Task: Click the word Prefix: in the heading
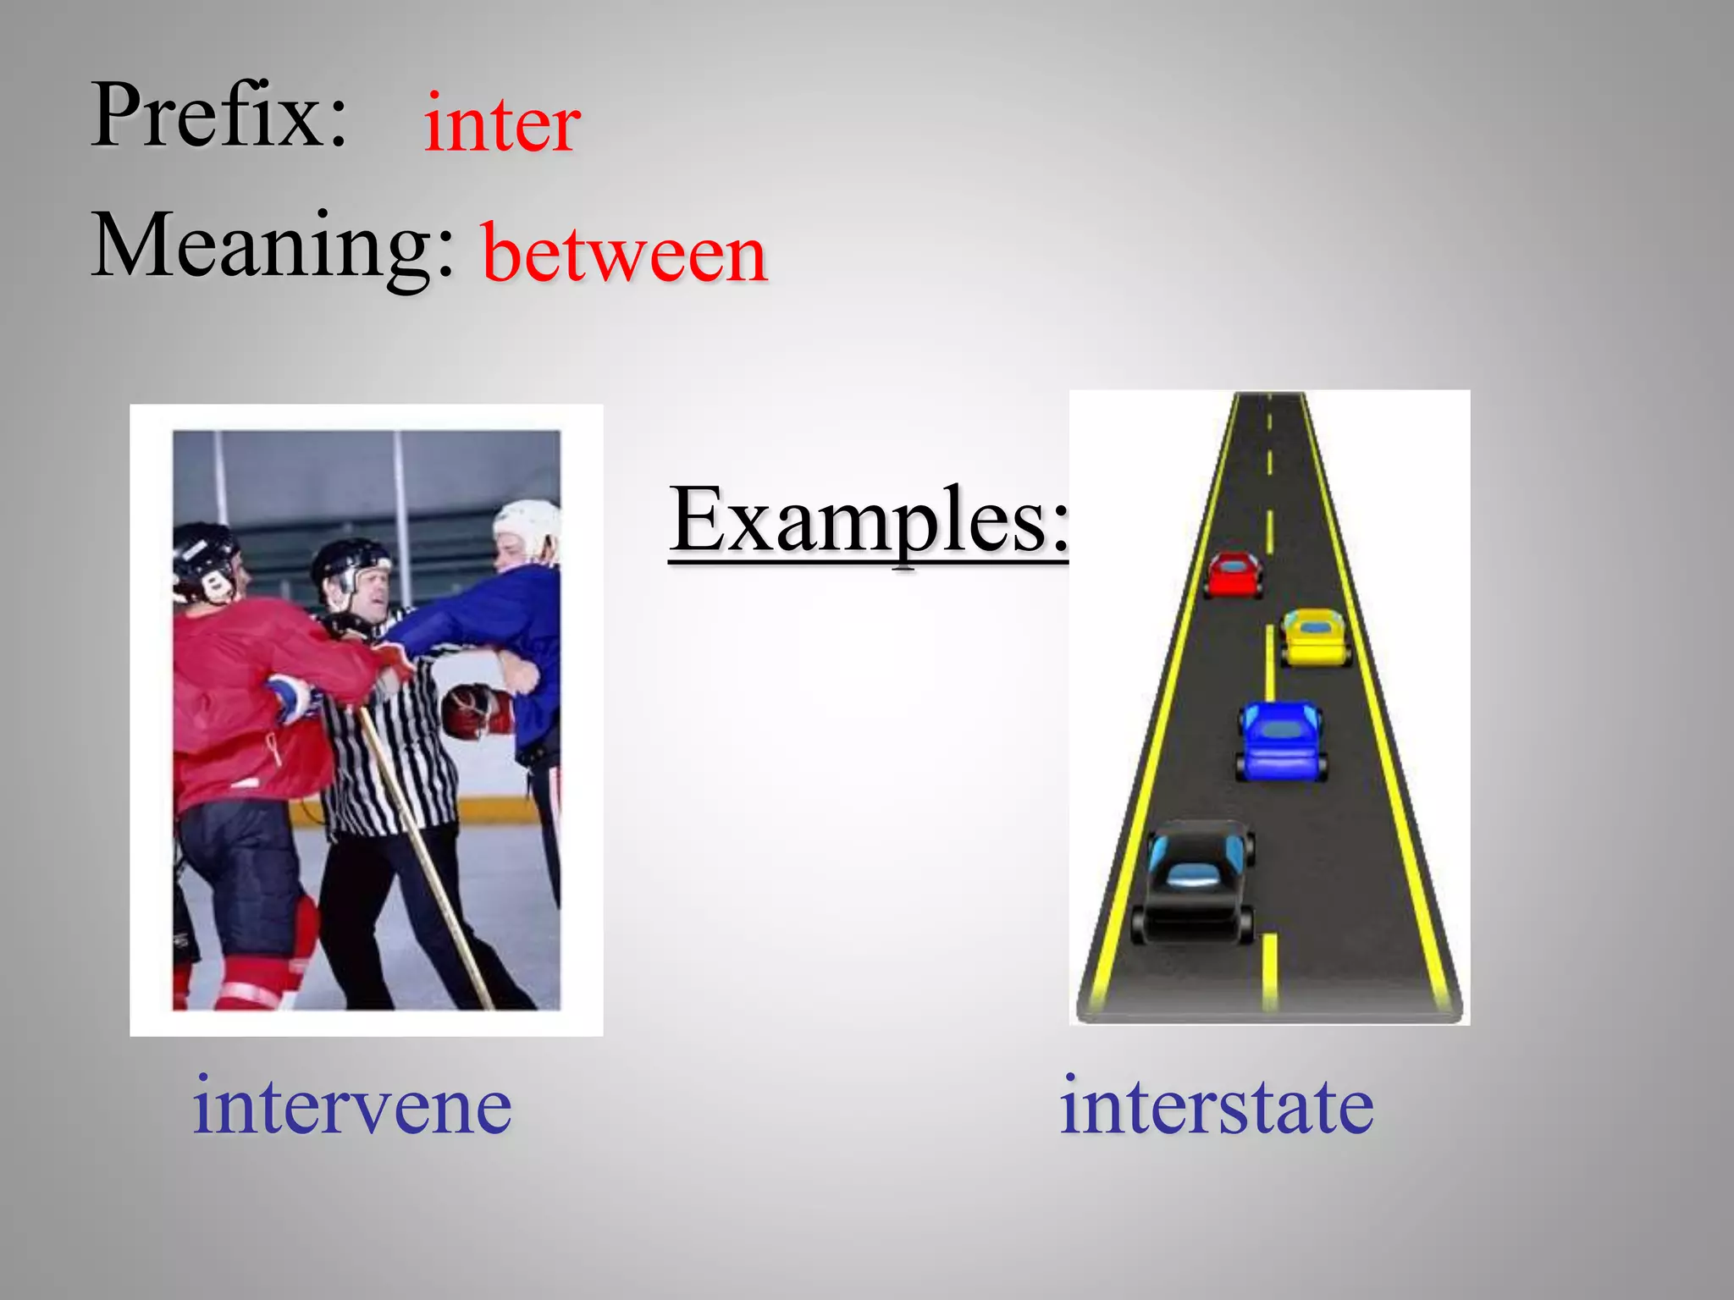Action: pos(218,117)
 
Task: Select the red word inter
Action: pos(502,125)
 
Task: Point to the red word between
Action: pos(624,254)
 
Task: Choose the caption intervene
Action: pos(352,1105)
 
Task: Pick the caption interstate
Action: pos(1217,1105)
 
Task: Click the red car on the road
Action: pos(1234,575)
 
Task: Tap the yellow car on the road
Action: pos(1314,636)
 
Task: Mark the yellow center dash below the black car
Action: pos(1269,969)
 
